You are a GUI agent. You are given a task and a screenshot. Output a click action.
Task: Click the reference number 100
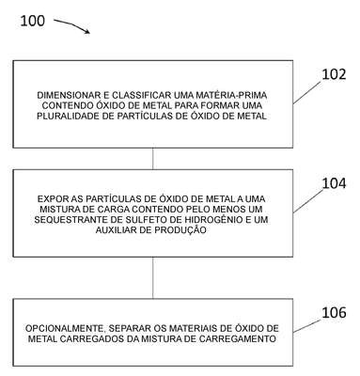[x=33, y=21]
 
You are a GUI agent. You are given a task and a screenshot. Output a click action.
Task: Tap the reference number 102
[x=334, y=74]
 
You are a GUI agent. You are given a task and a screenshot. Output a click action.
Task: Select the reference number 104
[x=334, y=183]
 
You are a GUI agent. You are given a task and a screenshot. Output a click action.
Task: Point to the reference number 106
[x=334, y=312]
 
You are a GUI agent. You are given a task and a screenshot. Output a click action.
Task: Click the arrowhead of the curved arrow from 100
[x=87, y=31]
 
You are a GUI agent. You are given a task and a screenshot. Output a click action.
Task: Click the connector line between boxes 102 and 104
[x=153, y=159]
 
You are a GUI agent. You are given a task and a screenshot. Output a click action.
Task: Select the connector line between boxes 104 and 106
[x=153, y=277]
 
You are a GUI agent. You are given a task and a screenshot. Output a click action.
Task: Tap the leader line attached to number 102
[x=307, y=93]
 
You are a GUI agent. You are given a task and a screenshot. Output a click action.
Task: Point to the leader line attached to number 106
[x=307, y=326]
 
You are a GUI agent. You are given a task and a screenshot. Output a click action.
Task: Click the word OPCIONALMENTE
[x=65, y=328]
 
